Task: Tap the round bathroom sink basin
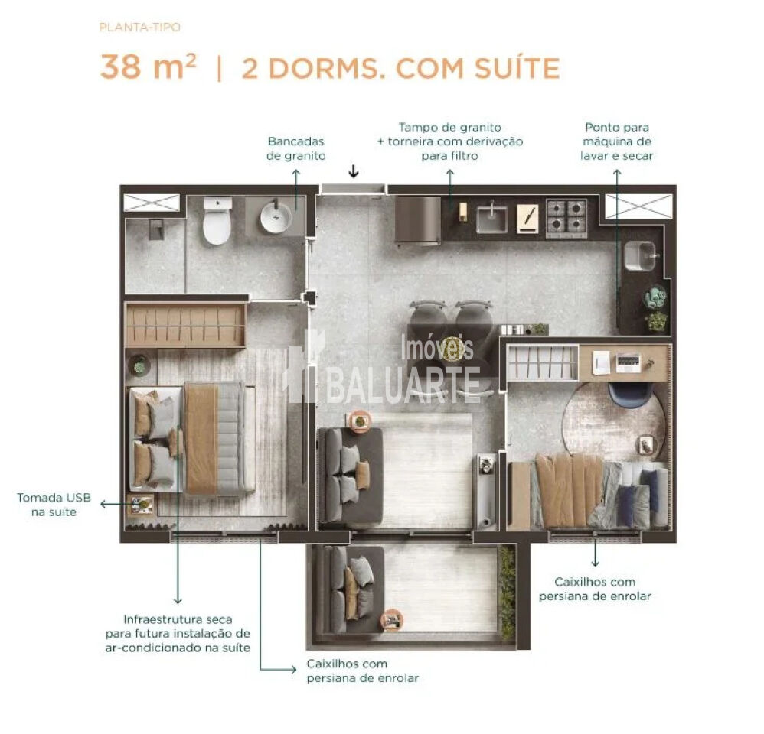[x=275, y=218]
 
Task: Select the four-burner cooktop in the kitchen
[x=566, y=216]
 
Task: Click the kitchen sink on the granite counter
[x=492, y=219]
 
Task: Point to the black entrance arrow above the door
[x=353, y=171]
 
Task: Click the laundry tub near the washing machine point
[x=640, y=256]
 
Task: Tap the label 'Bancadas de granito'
[x=296, y=148]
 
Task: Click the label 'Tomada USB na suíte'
[x=54, y=505]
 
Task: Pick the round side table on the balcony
[x=392, y=619]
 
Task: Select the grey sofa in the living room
[x=349, y=475]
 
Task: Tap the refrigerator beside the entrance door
[x=417, y=220]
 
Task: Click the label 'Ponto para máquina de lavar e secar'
[x=617, y=141]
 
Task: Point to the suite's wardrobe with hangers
[x=185, y=325]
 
